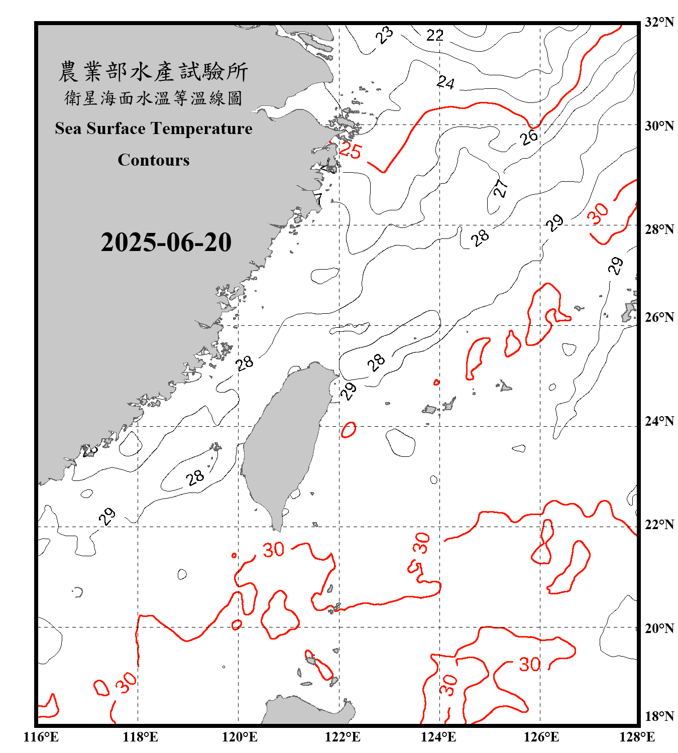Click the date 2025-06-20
166,242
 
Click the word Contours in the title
154,160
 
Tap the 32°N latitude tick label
659,22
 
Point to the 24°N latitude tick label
659,421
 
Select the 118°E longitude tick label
140,737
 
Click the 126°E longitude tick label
541,737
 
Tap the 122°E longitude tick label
343,737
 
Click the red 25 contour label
350,151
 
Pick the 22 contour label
435,36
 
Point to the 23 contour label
385,36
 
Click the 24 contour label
445,82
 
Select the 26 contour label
529,137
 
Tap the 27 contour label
501,188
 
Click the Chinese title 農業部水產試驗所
153,72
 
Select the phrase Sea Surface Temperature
154,129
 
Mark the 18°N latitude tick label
659,716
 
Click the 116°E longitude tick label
41,737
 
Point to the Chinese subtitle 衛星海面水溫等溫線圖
153,98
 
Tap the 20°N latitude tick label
659,628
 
